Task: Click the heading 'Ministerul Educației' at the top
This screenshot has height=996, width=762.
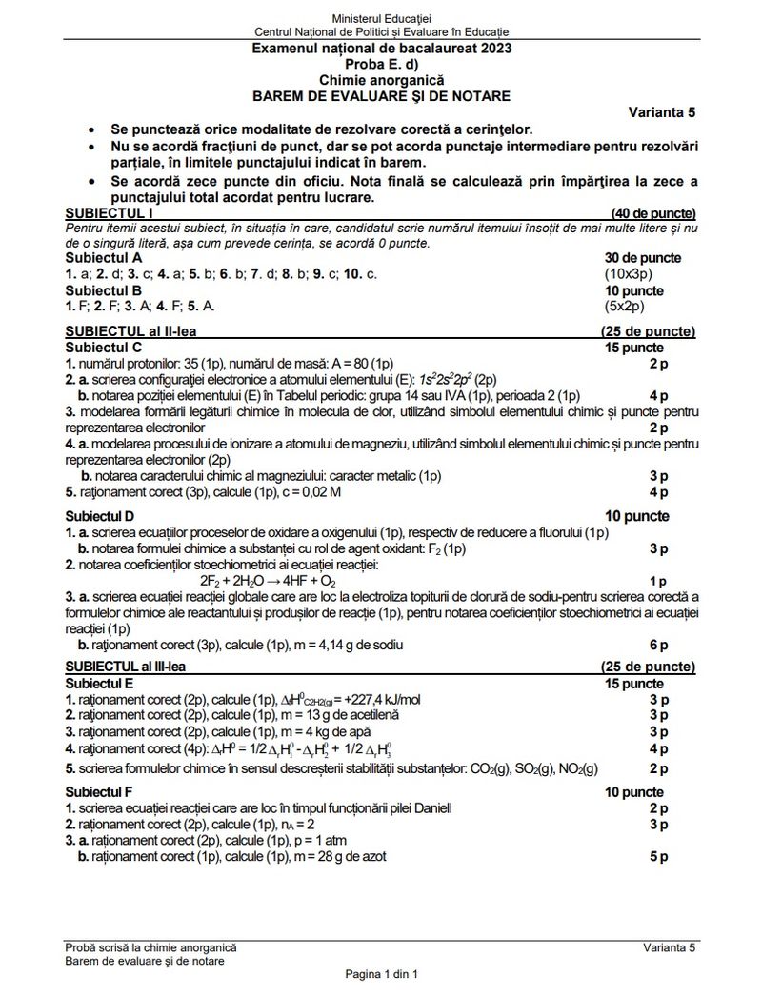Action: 381,19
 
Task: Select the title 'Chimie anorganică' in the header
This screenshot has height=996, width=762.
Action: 381,80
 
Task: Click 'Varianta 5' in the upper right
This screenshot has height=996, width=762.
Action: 661,112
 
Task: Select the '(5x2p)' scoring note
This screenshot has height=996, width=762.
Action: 624,306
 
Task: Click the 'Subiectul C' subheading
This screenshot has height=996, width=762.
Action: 104,348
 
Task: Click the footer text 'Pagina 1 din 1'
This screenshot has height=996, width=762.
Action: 381,975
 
